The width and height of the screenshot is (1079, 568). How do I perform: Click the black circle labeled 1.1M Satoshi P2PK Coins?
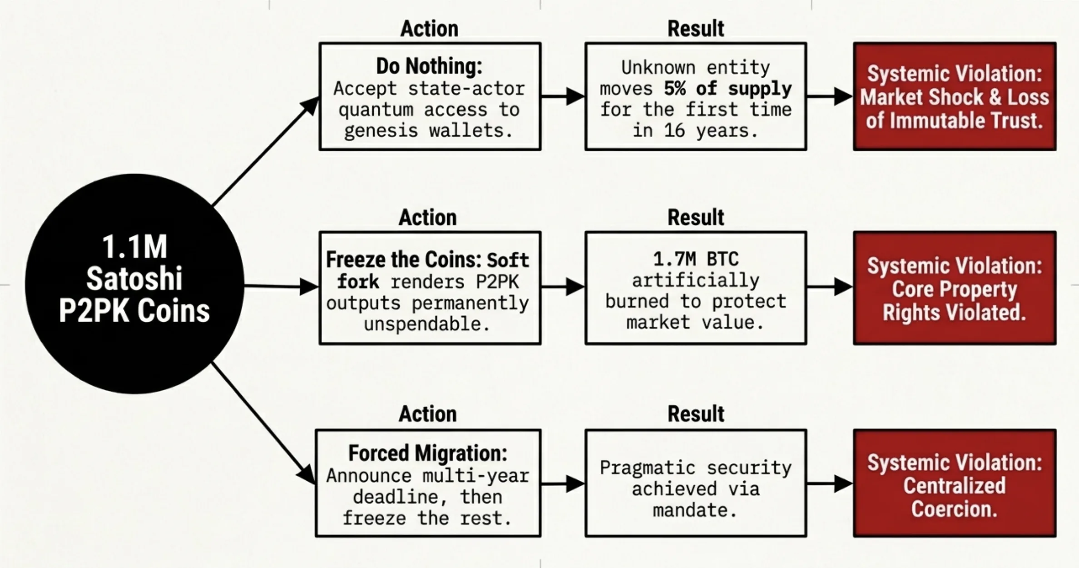click(x=134, y=284)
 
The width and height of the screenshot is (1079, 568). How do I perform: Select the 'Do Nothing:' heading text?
click(x=429, y=66)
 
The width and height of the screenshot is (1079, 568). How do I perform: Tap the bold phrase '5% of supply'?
click(x=728, y=89)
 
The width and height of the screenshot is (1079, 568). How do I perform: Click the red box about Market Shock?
click(x=955, y=97)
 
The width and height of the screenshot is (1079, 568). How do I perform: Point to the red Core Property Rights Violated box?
click(x=955, y=289)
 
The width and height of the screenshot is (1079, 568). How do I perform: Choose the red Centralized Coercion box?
click(x=955, y=484)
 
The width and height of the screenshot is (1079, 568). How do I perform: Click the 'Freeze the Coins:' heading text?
click(x=403, y=260)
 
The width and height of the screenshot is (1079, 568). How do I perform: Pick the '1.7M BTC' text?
click(x=695, y=259)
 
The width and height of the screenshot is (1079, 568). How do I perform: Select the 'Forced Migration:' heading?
click(x=427, y=453)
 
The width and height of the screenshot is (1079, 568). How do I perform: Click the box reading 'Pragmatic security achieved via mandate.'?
click(x=695, y=484)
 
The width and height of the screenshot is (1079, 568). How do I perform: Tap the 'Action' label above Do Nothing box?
click(x=429, y=29)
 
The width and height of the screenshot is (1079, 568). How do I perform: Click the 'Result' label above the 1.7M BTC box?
click(x=695, y=217)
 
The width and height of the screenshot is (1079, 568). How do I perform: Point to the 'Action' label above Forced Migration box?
click(x=427, y=414)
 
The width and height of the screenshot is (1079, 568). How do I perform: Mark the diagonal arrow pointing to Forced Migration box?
click(x=263, y=423)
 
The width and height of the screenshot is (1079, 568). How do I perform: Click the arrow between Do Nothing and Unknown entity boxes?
click(x=563, y=96)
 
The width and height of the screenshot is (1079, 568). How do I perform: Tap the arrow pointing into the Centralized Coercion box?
click(x=829, y=484)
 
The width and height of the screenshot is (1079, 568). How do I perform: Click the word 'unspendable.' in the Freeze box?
click(x=427, y=324)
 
